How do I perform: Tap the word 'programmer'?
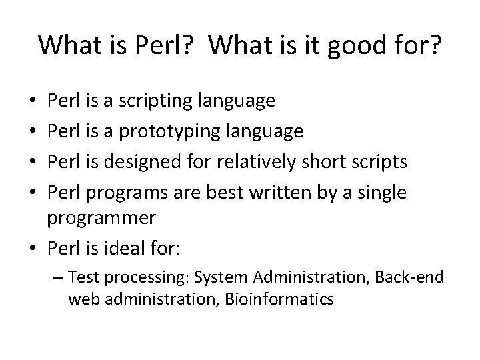pos(101,217)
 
